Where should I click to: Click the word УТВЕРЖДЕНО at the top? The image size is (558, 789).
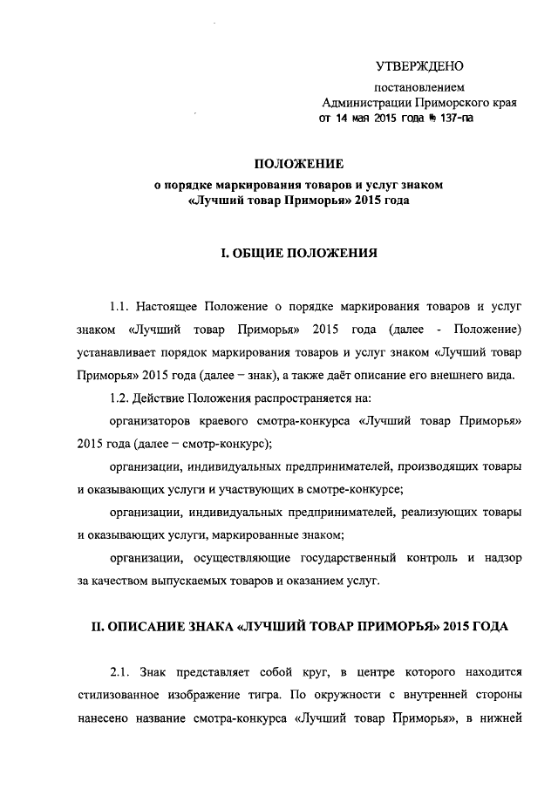419,66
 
